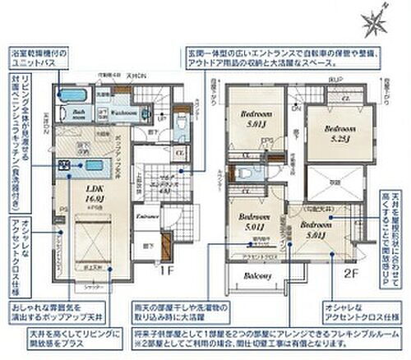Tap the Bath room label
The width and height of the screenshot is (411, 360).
pos(78,113)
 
